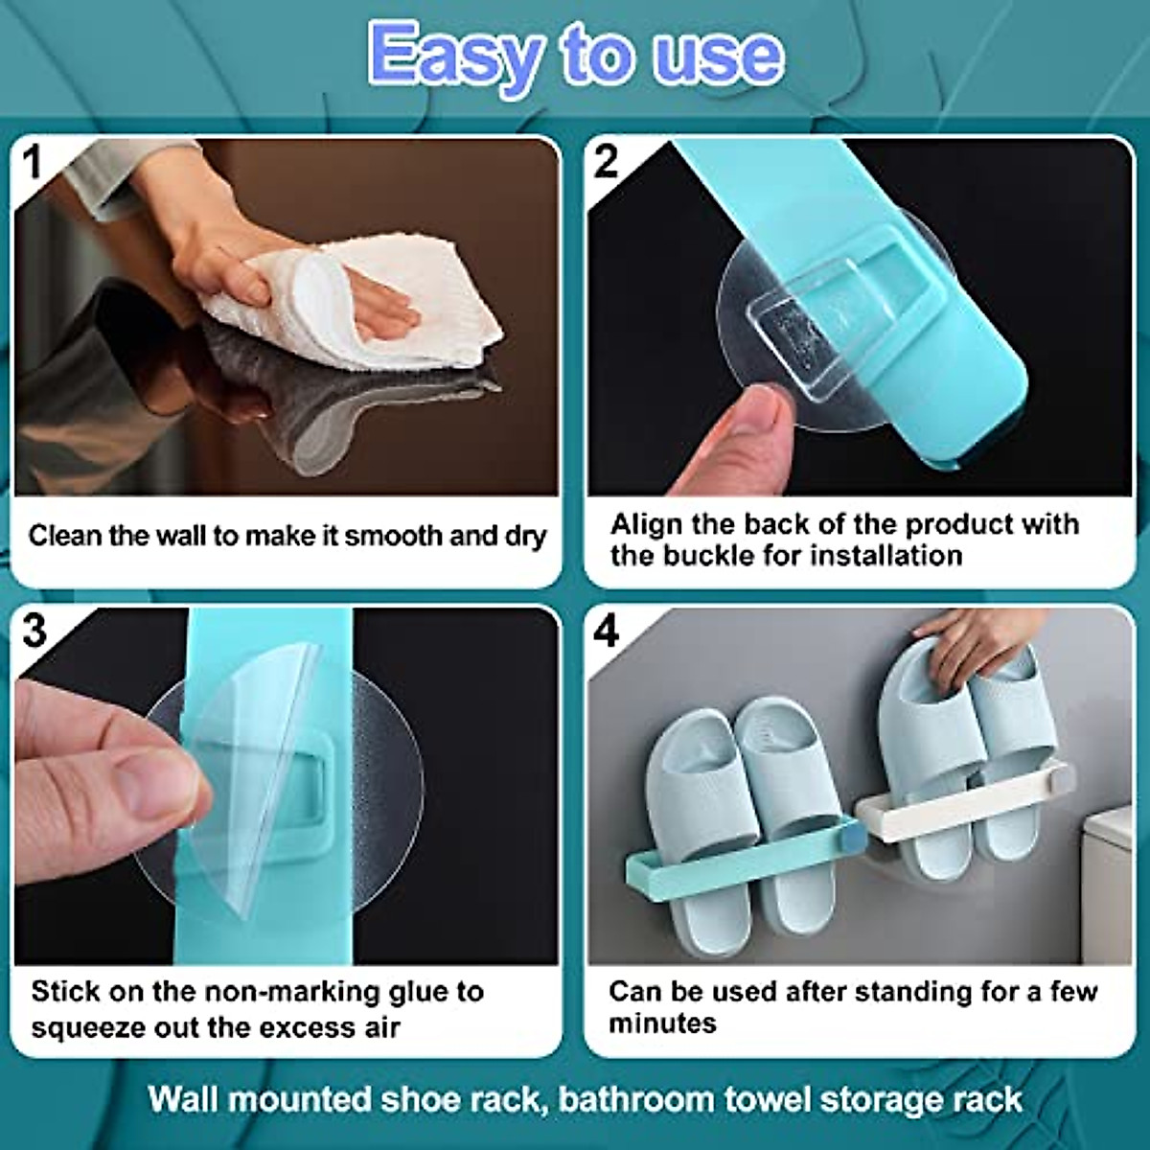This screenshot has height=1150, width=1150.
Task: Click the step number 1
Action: [33, 163]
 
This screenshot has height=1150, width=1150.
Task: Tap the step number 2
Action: [606, 163]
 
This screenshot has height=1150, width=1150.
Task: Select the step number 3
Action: [34, 632]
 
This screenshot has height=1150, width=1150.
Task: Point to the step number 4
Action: [607, 632]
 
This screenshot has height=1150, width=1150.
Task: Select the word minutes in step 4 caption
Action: [662, 1023]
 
